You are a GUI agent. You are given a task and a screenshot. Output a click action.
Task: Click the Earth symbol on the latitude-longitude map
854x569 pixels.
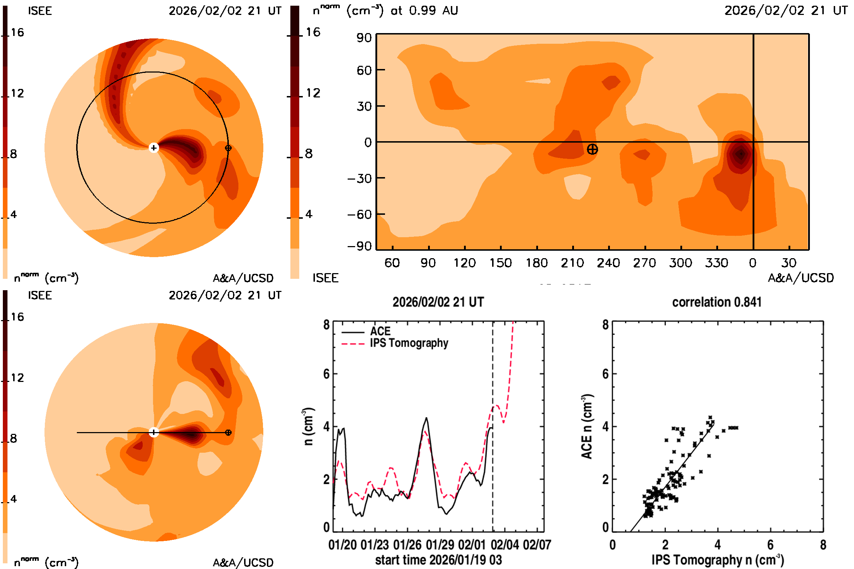(592, 149)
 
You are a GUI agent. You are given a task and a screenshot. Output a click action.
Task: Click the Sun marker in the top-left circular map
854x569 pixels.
(154, 148)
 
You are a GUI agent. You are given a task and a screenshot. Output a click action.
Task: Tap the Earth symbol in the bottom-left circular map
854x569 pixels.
(228, 432)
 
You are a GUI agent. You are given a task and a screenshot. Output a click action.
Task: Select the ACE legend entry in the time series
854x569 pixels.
(380, 331)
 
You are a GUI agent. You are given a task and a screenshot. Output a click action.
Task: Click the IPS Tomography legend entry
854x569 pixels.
(409, 343)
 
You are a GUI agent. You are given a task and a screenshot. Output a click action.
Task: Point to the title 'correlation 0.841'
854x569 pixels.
(716, 302)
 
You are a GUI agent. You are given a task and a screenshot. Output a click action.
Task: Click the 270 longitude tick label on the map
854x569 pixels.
(644, 263)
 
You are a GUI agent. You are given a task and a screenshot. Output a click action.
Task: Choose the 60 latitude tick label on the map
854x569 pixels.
(364, 70)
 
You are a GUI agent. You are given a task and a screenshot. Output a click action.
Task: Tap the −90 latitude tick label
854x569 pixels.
(359, 246)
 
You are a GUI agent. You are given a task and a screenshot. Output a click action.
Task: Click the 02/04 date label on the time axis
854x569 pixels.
(504, 545)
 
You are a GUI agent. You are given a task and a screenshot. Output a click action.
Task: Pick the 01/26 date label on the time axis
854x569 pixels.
(407, 545)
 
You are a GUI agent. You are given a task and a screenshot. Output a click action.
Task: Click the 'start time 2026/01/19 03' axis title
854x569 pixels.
(438, 560)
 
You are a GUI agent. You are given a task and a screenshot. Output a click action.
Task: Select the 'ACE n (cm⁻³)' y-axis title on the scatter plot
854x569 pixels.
(587, 426)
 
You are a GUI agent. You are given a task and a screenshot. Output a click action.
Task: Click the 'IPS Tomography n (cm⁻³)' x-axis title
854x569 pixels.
(717, 560)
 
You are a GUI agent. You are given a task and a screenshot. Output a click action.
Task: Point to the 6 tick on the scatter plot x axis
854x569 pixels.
(770, 545)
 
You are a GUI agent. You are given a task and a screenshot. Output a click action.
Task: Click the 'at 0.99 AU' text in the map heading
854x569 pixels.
(424, 11)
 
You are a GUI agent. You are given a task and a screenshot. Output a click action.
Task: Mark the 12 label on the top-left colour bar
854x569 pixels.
(17, 93)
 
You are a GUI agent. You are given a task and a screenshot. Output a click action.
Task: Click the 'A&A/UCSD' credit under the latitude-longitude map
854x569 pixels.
(801, 278)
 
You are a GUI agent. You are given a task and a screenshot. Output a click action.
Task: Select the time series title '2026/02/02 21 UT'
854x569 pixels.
(438, 302)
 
